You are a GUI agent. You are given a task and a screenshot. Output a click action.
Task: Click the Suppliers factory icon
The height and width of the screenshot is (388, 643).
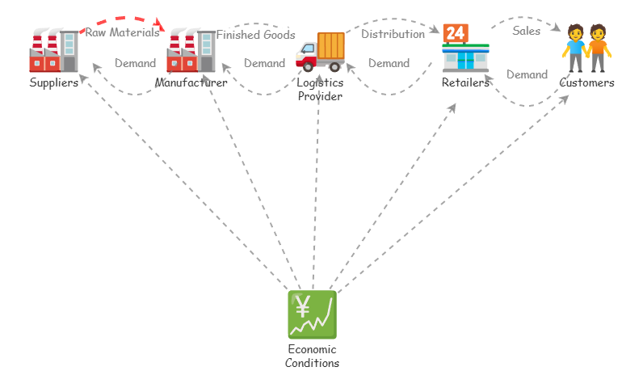pos(53,50)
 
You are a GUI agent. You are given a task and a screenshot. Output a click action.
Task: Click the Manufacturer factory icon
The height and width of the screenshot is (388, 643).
pos(191,50)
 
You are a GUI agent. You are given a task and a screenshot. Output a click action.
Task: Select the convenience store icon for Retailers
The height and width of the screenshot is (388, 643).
pos(465,50)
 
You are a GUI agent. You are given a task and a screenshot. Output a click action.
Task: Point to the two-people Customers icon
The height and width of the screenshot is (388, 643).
pos(586,48)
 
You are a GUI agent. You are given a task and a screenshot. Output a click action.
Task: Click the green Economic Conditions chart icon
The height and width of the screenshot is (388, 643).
pos(312,314)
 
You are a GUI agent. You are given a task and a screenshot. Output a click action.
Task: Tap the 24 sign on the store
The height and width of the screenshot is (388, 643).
pos(455,33)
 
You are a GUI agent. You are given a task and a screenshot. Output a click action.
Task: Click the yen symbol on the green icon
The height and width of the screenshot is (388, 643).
pos(303,306)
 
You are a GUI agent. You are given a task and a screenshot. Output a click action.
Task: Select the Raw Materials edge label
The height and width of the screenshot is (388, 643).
pos(123,33)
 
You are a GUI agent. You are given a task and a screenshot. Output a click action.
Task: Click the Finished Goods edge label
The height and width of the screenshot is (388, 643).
pos(255,35)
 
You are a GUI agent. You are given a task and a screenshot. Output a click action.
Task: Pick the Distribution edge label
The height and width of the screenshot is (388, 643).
pos(393,34)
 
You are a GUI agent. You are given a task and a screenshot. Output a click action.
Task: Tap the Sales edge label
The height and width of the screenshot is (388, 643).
pos(526,31)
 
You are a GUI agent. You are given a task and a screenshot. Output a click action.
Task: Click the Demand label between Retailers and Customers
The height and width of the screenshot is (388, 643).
pos(527,74)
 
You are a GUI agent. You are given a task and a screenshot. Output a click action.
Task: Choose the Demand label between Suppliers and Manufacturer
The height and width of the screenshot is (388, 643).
pos(135,63)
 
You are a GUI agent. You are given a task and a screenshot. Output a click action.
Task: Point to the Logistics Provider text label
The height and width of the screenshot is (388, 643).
pos(320,89)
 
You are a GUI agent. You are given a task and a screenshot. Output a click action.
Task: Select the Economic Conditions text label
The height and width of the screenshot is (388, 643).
pos(312,356)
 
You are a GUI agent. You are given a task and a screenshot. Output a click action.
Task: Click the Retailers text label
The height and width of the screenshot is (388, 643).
pos(465,82)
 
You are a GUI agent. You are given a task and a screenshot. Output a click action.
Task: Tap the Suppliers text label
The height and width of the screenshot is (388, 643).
pos(53,82)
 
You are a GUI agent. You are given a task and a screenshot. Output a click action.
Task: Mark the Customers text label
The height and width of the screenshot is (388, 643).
pos(586,82)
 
